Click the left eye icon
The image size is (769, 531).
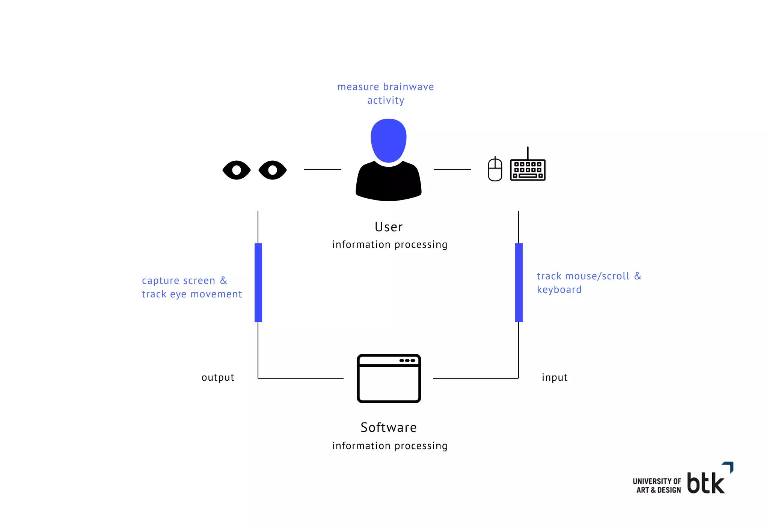pos(237,170)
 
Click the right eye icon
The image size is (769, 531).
pos(273,170)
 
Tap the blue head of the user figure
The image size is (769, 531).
pos(389,140)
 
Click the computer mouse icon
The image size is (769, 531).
pos(495,170)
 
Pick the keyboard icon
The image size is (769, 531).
pos(528,170)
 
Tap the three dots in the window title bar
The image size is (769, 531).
pos(407,361)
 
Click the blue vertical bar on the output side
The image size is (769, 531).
pos(258,282)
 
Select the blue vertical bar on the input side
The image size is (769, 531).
pos(519,282)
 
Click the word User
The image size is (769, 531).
pos(389,227)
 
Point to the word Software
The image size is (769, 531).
pos(389,427)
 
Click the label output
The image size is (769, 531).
pos(218,377)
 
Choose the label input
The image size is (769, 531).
pos(555,377)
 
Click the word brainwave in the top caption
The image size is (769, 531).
pos(409,87)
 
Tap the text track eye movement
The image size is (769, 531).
pos(192,294)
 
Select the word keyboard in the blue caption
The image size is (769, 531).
pos(559,290)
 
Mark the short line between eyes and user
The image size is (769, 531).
pos(322,169)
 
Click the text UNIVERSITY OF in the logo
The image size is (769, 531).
pos(657,481)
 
